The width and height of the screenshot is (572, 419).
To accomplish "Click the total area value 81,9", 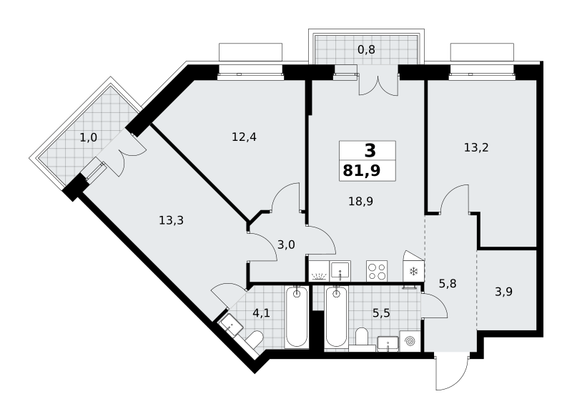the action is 362,170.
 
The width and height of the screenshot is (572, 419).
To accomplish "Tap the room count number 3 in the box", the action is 370,150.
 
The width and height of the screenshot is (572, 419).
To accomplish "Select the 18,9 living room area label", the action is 360,202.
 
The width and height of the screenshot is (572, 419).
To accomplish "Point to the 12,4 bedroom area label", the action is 244,137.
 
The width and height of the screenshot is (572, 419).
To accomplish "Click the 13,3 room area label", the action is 171,220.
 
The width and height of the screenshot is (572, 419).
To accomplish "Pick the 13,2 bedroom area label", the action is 476,147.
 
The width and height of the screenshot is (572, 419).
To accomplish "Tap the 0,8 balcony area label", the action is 366,49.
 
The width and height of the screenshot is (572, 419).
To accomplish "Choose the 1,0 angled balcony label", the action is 88,137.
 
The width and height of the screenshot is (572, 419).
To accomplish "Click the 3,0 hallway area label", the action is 286,245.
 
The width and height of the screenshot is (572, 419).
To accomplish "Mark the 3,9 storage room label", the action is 504,291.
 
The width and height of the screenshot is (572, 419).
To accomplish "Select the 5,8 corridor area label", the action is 448,283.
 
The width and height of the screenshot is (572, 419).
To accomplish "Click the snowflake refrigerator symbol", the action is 414,271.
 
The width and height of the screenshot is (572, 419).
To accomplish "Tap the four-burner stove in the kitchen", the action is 377,271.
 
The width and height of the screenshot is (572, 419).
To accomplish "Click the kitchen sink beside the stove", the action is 340,271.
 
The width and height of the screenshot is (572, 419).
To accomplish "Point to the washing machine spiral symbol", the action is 410,341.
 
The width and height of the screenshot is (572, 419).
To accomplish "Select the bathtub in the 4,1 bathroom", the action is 297,317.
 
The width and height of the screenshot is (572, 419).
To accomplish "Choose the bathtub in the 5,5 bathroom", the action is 336,317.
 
